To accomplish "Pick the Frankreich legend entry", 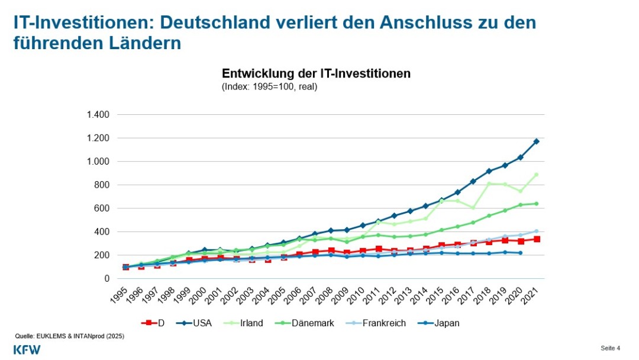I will click(x=379, y=323).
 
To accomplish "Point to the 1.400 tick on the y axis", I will click(x=98, y=114).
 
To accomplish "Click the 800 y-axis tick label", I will click(x=102, y=185).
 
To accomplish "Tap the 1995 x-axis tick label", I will click(x=120, y=294).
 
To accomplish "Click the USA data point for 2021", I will click(x=537, y=142).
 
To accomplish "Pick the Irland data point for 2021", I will click(x=537, y=175).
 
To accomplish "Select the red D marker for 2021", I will click(x=537, y=239).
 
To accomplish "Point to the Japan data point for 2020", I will click(x=521, y=253).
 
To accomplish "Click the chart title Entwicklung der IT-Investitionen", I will click(x=316, y=74).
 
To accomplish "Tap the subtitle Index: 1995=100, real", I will click(x=269, y=86).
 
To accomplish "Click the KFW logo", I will click(x=27, y=349).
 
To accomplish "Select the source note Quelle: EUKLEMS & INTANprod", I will click(x=69, y=336).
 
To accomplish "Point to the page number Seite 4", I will click(x=610, y=347).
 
